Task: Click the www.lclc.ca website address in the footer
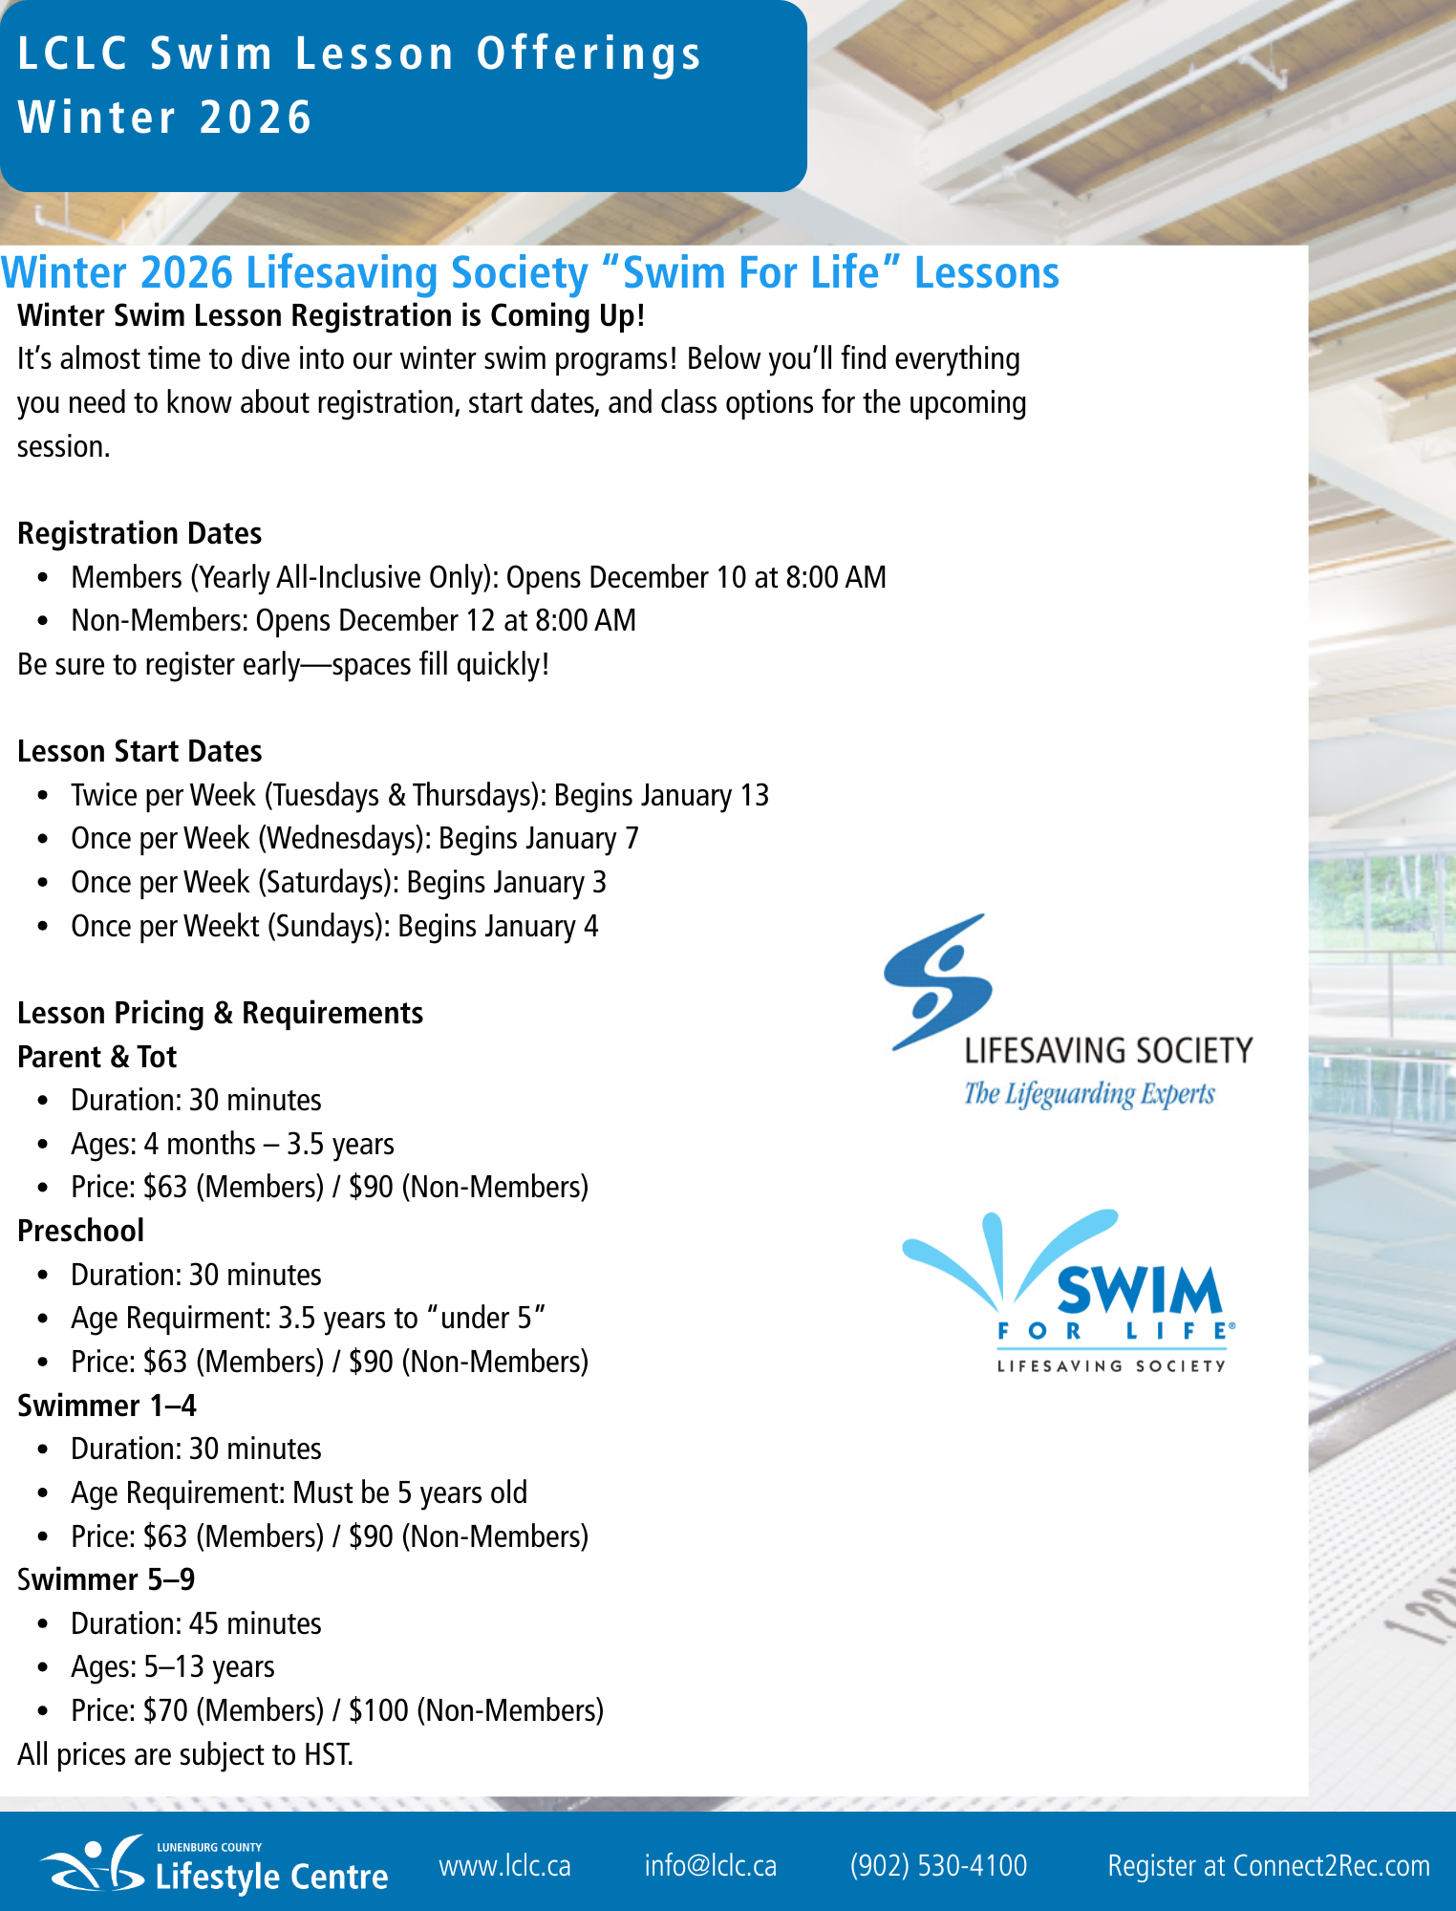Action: pyautogui.click(x=504, y=1865)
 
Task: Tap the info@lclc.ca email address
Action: pyautogui.click(x=710, y=1865)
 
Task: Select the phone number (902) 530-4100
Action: pyautogui.click(x=938, y=1865)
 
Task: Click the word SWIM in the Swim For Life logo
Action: pyautogui.click(x=1138, y=1290)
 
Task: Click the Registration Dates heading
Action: pyautogui.click(x=139, y=533)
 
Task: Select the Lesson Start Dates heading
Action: pyautogui.click(x=139, y=751)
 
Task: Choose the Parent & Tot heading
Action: pyautogui.click(x=96, y=1057)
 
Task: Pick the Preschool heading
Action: pyautogui.click(x=81, y=1231)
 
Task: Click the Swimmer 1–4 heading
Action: pyautogui.click(x=107, y=1406)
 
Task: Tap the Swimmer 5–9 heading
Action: pyautogui.click(x=106, y=1579)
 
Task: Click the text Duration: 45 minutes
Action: pyautogui.click(x=196, y=1623)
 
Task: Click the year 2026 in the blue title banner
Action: pyautogui.click(x=256, y=118)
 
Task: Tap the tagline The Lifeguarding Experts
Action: pyautogui.click(x=1089, y=1093)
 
